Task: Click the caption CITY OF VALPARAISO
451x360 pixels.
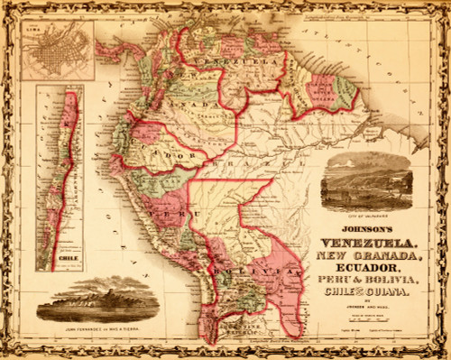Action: tap(365, 217)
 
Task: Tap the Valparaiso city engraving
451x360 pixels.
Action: tap(366, 184)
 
